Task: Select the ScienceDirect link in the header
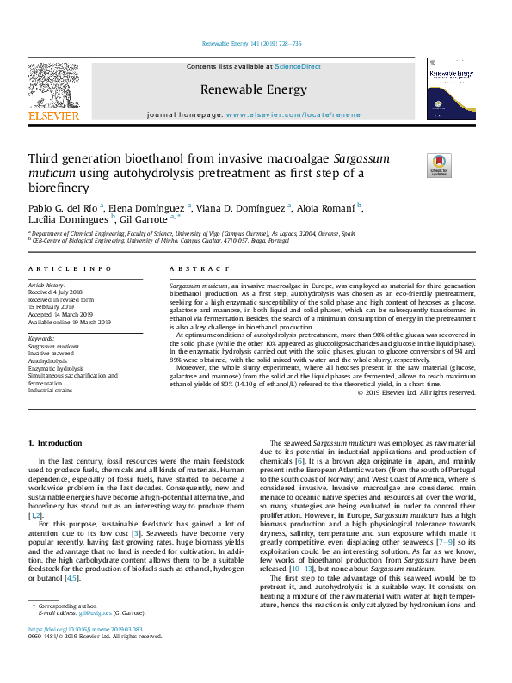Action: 298,66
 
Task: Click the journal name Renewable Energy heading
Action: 253,89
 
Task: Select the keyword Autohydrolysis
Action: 47,360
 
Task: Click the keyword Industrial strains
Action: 51,390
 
